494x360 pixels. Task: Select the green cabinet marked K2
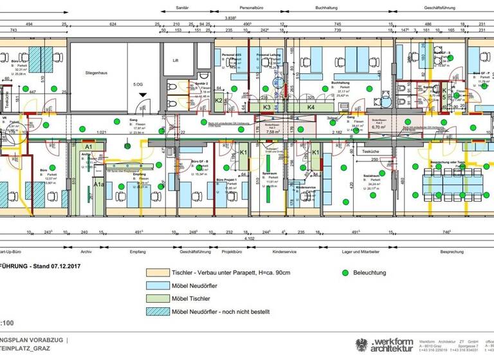(x=219, y=100)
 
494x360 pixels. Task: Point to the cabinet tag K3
(x=267, y=107)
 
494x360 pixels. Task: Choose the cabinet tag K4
(x=311, y=107)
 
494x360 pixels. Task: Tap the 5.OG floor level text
(x=138, y=84)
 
